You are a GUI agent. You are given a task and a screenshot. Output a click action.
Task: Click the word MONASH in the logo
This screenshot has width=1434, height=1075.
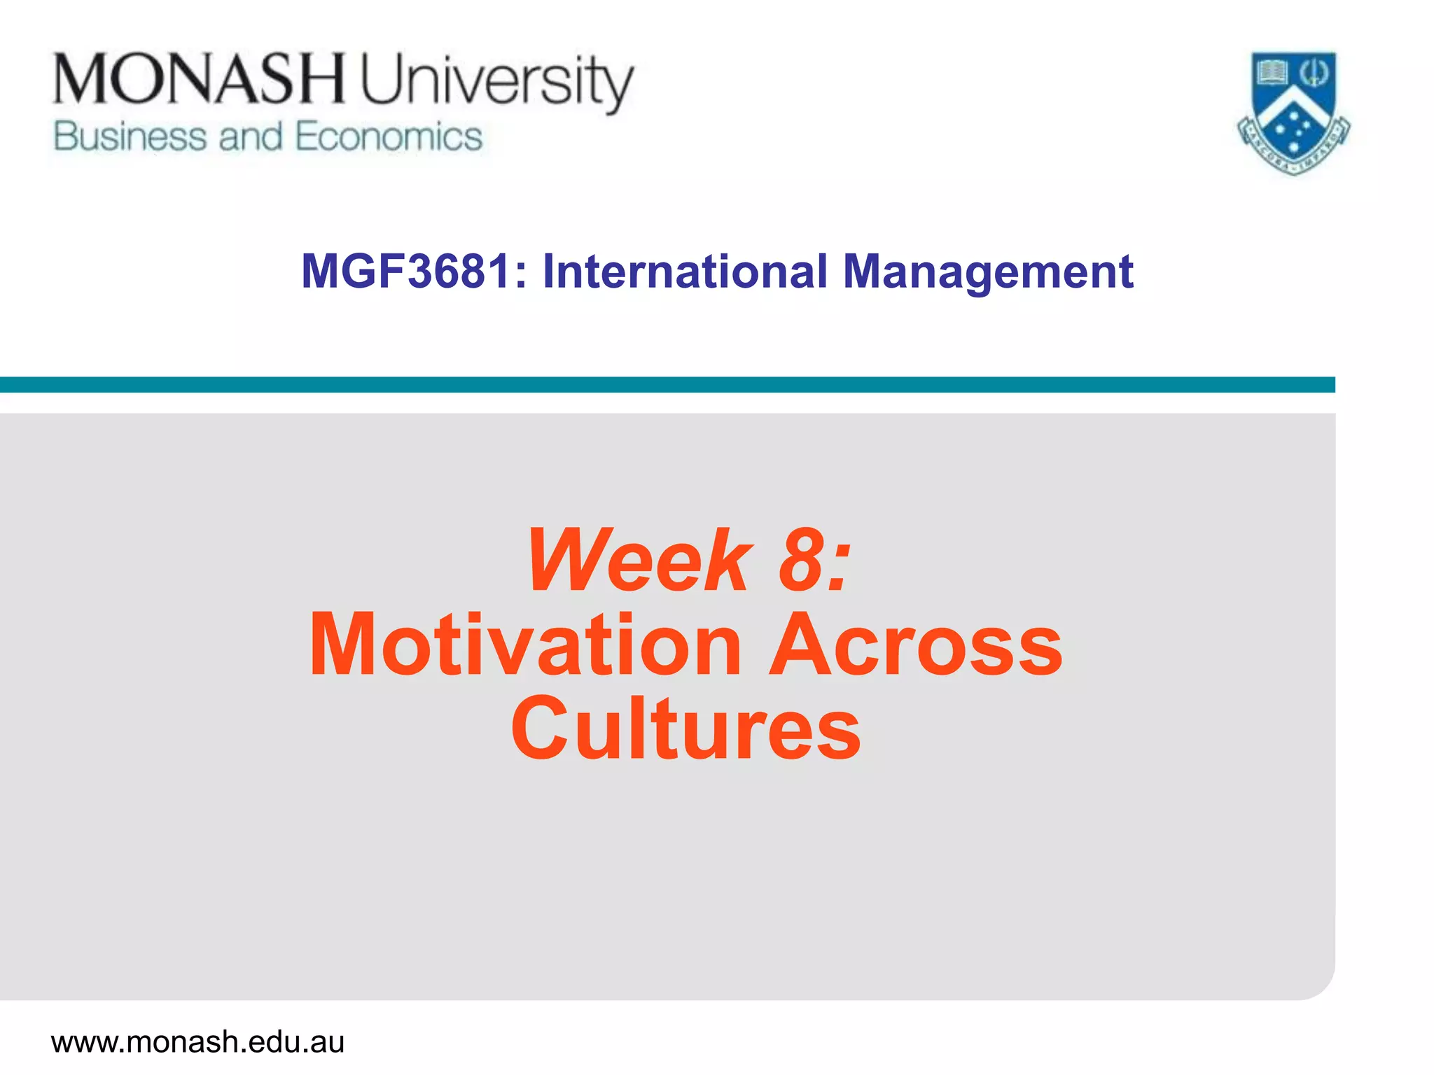[x=199, y=79]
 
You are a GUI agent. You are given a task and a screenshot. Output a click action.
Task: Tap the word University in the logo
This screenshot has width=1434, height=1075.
[x=496, y=83]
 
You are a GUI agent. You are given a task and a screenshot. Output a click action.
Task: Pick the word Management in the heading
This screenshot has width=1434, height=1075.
[x=987, y=273]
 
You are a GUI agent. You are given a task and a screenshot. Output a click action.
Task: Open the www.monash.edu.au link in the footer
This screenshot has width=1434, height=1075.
[x=197, y=1041]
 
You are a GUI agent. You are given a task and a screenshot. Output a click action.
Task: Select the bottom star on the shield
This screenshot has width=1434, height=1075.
[x=1293, y=147]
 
